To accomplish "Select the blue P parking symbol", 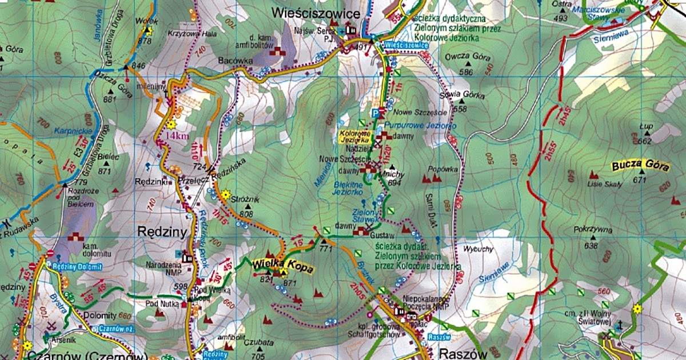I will point(375,112).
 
